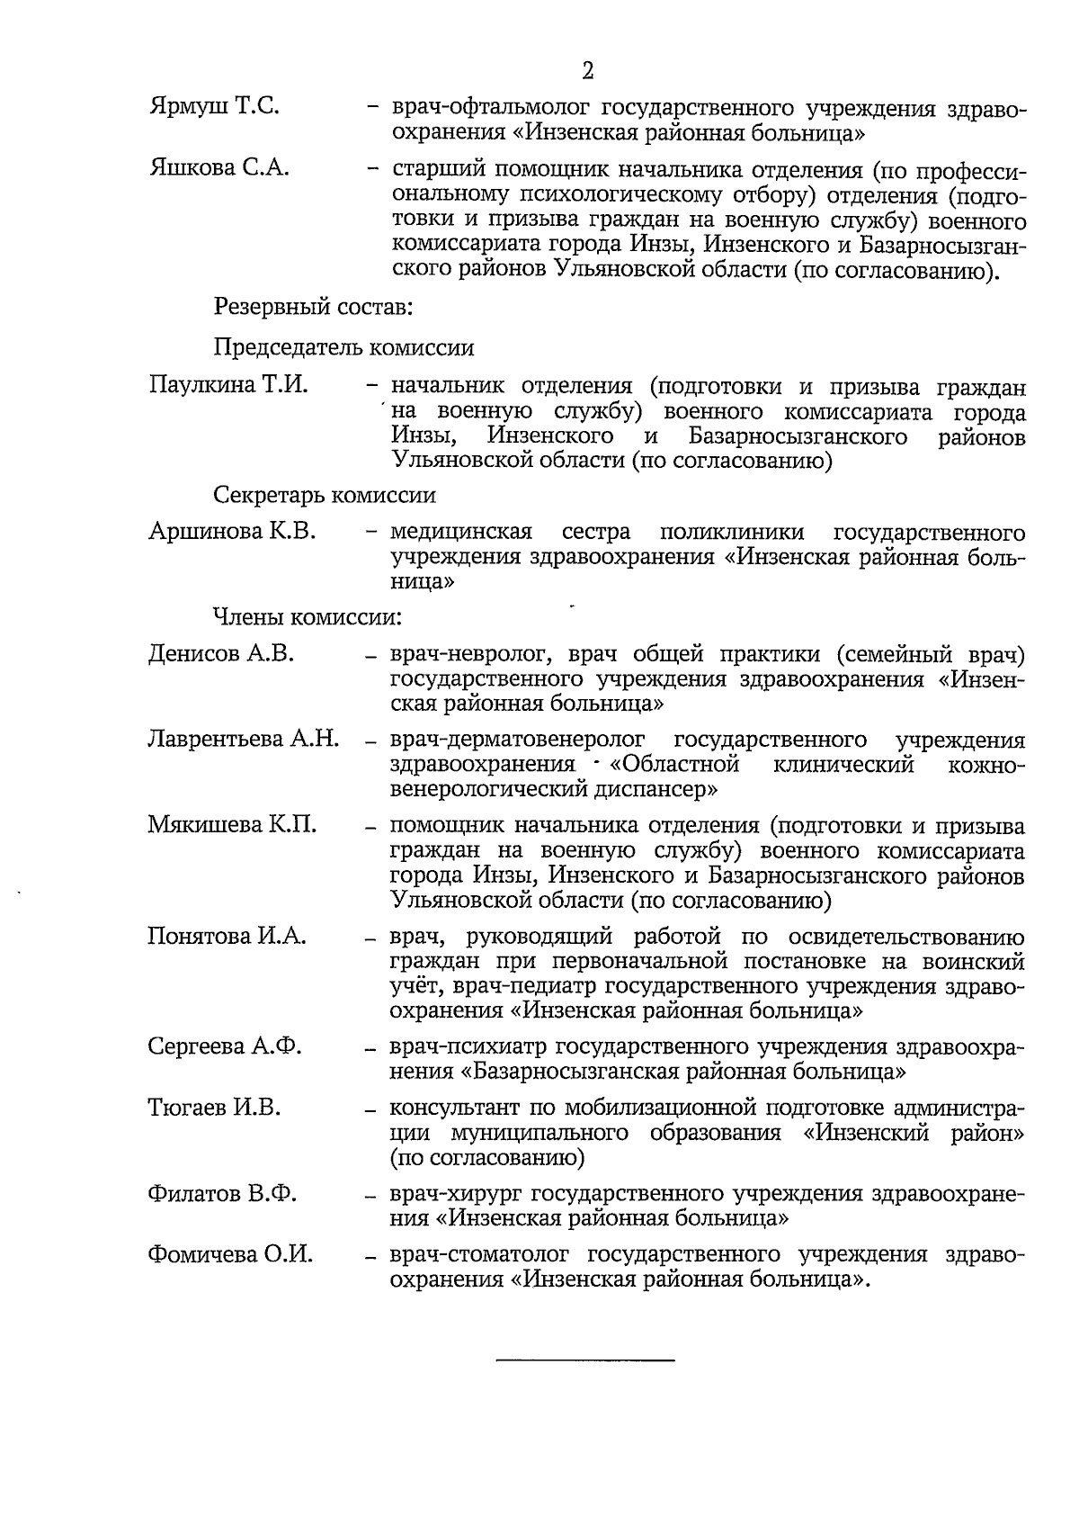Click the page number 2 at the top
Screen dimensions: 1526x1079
coord(587,71)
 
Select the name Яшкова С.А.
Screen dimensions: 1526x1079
coord(218,168)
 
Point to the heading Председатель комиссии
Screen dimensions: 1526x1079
coord(343,347)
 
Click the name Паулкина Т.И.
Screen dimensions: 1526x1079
coord(228,387)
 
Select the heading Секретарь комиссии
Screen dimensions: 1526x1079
coord(325,495)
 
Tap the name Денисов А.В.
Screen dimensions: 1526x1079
coord(221,654)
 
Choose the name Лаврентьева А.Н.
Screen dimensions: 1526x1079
coord(243,740)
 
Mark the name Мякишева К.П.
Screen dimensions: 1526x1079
coord(231,825)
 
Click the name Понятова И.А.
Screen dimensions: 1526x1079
coord(227,937)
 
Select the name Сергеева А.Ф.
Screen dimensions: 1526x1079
coord(225,1046)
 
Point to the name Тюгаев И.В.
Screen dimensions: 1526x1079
coord(214,1108)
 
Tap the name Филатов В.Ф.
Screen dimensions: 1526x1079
coord(222,1194)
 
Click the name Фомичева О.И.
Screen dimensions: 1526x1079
coord(230,1254)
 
